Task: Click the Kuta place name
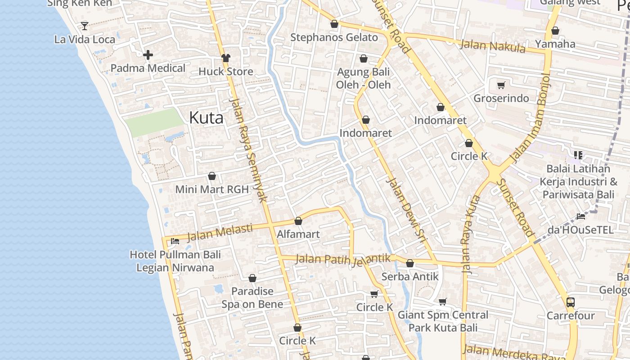pyautogui.click(x=206, y=118)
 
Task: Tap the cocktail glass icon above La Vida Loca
pyautogui.click(x=84, y=26)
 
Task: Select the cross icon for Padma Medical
pyautogui.click(x=148, y=55)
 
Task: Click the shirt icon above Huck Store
pyautogui.click(x=225, y=58)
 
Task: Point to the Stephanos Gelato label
pyautogui.click(x=334, y=37)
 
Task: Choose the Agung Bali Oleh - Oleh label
pyautogui.click(x=363, y=78)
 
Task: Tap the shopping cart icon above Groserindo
pyautogui.click(x=501, y=85)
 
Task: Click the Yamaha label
pyautogui.click(x=555, y=44)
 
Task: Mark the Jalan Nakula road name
pyautogui.click(x=493, y=46)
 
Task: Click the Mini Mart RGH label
pyautogui.click(x=211, y=189)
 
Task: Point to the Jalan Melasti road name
pyautogui.click(x=220, y=232)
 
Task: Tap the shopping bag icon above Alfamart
pyautogui.click(x=298, y=221)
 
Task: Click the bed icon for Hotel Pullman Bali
pyautogui.click(x=175, y=241)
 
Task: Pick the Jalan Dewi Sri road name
pyautogui.click(x=406, y=211)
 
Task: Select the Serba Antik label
pyautogui.click(x=409, y=276)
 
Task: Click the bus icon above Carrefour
pyautogui.click(x=570, y=302)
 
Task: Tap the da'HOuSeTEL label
pyautogui.click(x=580, y=230)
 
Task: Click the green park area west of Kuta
pyautogui.click(x=154, y=122)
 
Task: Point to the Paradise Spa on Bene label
pyautogui.click(x=252, y=297)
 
